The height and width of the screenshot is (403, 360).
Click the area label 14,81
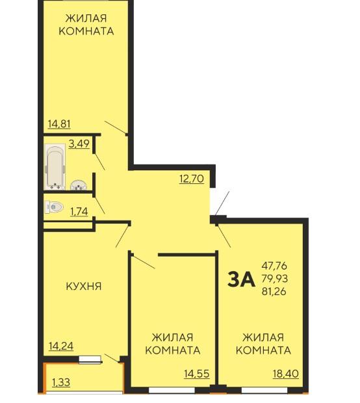click(59, 124)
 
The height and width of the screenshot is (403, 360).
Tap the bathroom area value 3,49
click(79, 144)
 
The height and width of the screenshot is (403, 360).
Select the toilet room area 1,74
click(79, 211)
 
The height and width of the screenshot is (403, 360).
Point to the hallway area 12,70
click(192, 179)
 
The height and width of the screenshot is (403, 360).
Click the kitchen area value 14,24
click(61, 346)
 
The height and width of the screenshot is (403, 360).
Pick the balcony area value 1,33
click(61, 382)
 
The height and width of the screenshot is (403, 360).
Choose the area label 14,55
click(197, 374)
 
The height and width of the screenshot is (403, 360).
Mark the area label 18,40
click(286, 374)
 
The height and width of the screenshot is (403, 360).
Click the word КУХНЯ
click(84, 286)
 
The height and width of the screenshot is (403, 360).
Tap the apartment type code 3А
click(241, 279)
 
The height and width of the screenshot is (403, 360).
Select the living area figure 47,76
click(274, 266)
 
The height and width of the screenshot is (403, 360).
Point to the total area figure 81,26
click(274, 291)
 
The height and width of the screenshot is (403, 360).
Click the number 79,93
click(275, 278)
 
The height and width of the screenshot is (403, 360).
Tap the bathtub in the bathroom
click(55, 167)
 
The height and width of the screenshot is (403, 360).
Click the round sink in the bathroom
click(78, 185)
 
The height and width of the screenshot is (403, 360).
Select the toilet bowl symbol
click(54, 207)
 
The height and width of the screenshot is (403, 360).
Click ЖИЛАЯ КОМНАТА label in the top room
click(86, 25)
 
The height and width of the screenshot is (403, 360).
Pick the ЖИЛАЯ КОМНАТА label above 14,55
click(173, 344)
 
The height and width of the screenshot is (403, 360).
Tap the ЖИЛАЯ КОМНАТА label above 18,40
click(263, 344)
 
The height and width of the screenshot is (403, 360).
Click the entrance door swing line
click(222, 203)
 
